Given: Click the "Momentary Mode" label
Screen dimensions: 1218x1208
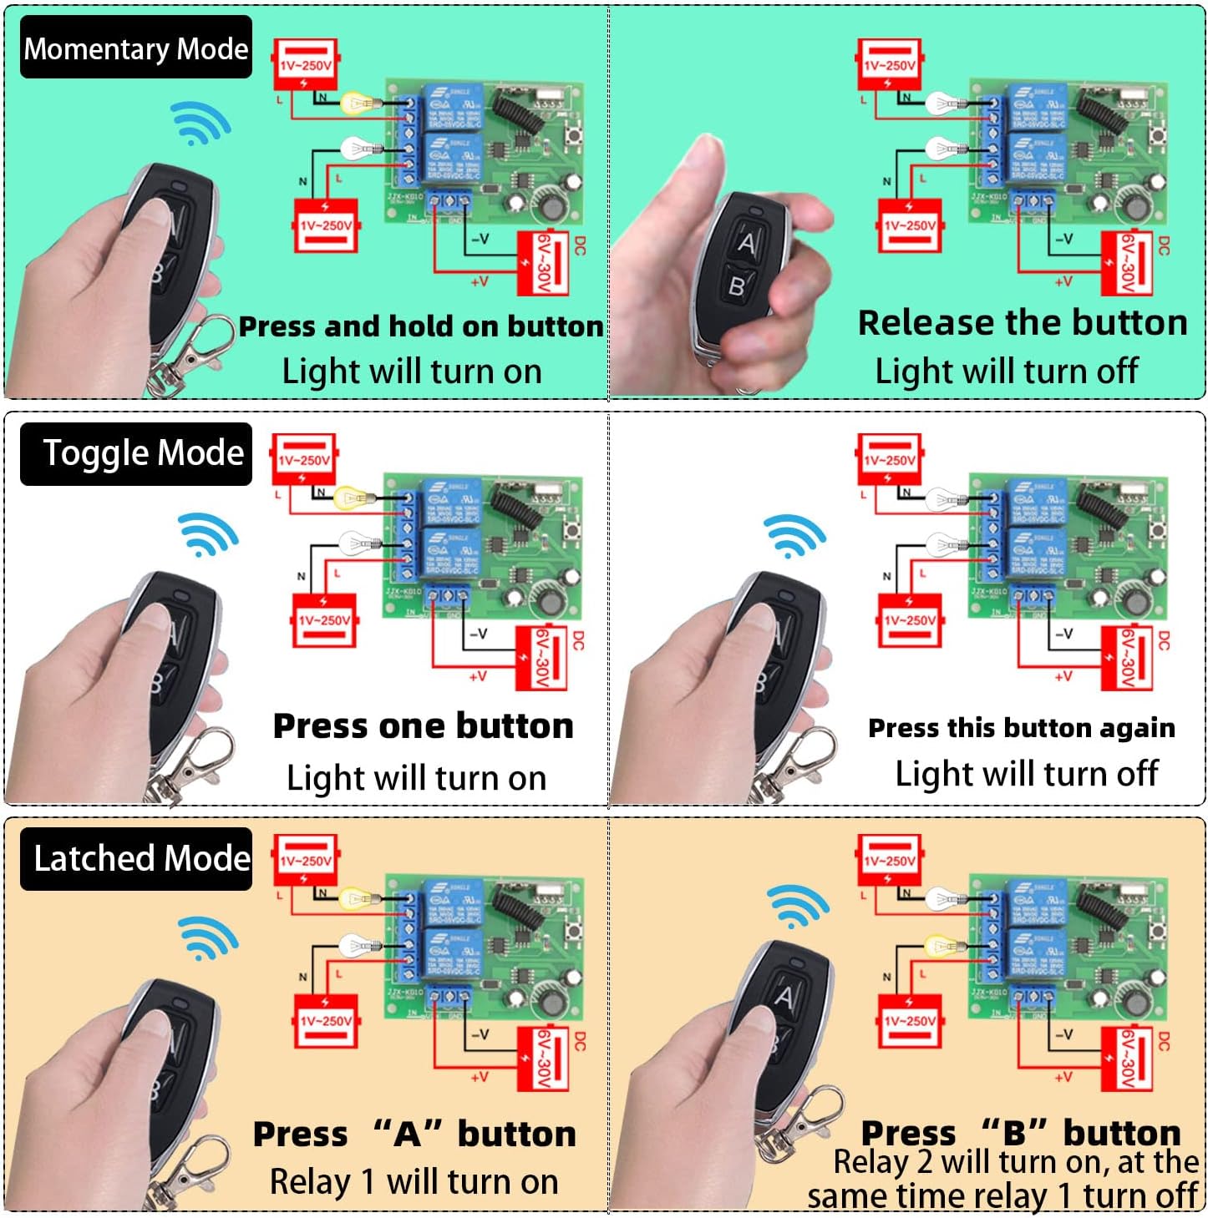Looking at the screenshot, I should click(x=135, y=48).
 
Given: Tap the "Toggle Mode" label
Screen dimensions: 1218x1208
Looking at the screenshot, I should click(x=142, y=453).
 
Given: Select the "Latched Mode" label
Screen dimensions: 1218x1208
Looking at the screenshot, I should click(x=141, y=858).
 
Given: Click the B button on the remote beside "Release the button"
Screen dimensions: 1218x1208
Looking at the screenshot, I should click(x=736, y=286).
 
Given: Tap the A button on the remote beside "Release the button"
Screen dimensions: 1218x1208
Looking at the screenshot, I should click(x=747, y=243).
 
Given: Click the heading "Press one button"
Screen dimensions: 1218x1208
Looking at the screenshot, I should click(x=423, y=726).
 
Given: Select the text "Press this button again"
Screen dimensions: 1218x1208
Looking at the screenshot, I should click(x=1021, y=728).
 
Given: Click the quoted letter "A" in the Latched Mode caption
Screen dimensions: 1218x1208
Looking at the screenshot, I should click(x=407, y=1134).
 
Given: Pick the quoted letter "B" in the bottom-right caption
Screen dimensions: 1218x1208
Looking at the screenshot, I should click(x=1013, y=1133).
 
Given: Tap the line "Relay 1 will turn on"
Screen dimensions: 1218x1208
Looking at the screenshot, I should click(x=414, y=1182).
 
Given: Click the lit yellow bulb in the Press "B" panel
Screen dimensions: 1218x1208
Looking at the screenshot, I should click(x=942, y=946).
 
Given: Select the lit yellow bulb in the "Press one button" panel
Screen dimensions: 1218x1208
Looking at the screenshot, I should click(x=350, y=498).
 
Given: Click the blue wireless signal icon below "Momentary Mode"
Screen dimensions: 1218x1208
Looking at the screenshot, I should click(x=200, y=124).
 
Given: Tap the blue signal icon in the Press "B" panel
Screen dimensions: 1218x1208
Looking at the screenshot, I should click(x=797, y=906).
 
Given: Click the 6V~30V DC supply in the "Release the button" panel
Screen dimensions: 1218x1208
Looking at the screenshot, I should click(x=1127, y=263).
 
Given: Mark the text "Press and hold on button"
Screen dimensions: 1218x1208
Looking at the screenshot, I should click(x=420, y=326).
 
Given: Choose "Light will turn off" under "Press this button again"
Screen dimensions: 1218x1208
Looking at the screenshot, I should click(x=1026, y=774).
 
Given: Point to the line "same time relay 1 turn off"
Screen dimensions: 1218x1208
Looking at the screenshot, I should click(x=1002, y=1196).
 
